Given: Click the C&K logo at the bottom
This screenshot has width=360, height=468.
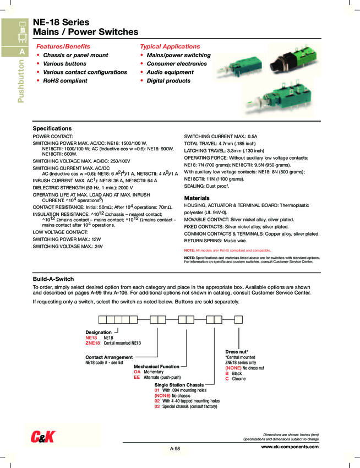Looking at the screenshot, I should [41, 437].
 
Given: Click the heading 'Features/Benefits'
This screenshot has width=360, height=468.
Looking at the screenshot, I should [63, 46].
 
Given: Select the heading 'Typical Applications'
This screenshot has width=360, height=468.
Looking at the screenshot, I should [170, 46].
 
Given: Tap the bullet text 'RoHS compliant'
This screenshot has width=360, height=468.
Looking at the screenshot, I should [65, 80].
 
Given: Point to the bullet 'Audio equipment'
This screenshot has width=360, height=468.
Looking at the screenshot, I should [170, 72].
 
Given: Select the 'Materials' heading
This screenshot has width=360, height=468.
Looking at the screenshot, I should [197, 198].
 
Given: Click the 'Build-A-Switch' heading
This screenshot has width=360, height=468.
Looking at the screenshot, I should [53, 279].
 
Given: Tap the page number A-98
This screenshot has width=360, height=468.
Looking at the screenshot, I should [174, 449].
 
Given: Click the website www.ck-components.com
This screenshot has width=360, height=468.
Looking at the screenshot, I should [290, 447].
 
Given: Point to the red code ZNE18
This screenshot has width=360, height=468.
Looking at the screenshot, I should [93, 342].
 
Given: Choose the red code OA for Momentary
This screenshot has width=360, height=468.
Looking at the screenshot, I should [138, 372].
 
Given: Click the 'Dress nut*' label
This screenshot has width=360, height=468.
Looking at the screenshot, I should [237, 351].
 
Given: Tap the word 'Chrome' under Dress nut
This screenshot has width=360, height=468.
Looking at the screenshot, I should [239, 379].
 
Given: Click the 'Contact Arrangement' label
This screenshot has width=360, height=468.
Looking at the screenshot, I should [109, 357].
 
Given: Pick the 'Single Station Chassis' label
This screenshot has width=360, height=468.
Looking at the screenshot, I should [179, 385].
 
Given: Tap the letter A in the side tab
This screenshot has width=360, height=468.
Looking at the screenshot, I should [23, 52].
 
